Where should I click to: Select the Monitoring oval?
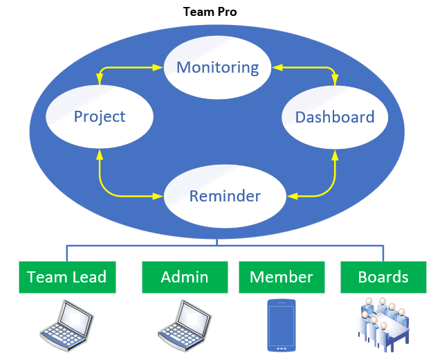[x=218, y=67]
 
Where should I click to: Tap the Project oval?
[x=99, y=116]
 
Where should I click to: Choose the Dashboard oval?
[x=335, y=117]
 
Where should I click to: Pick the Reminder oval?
[x=225, y=196]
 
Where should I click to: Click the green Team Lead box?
[x=66, y=278]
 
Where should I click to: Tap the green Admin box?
[x=185, y=278]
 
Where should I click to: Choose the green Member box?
[x=281, y=278]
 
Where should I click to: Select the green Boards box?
[x=383, y=278]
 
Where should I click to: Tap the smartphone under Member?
[x=281, y=325]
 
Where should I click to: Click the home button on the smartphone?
[x=281, y=347]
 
